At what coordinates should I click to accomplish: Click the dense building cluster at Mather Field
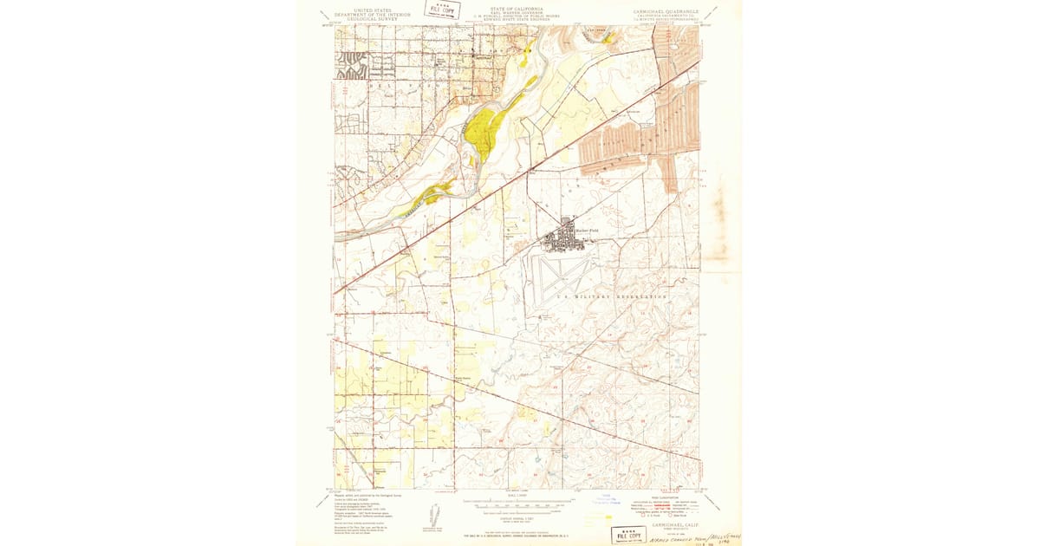pyautogui.click(x=568, y=236)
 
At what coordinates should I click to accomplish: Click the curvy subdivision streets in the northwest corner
pyautogui.click(x=353, y=64)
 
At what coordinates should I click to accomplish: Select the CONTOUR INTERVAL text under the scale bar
pyautogui.click(x=518, y=511)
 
